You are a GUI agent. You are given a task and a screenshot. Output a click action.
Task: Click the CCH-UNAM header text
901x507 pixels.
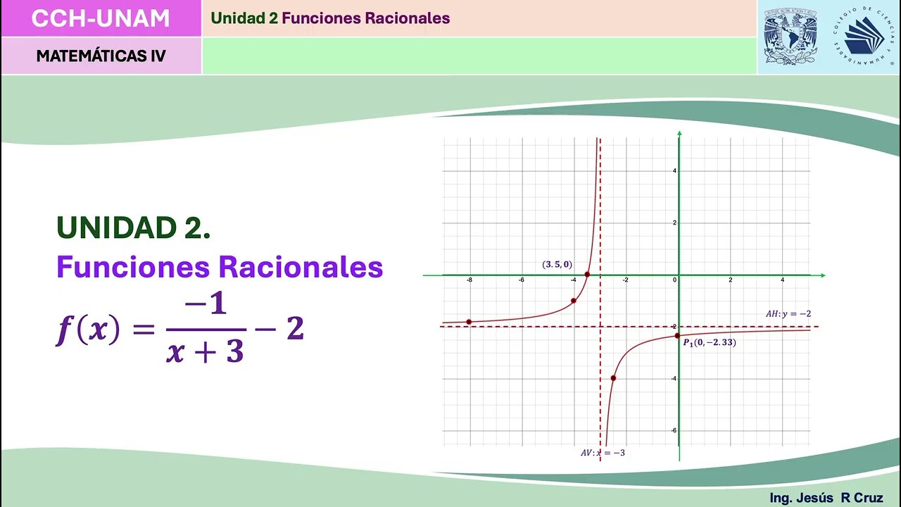[101, 18]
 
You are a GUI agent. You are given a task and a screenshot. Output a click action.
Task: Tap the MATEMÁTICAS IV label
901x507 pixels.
[101, 56]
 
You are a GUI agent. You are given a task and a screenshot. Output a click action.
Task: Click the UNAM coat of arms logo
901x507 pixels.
[790, 37]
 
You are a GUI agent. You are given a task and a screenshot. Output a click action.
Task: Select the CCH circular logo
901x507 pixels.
[864, 37]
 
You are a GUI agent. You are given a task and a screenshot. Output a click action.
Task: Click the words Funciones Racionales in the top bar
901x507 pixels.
[365, 18]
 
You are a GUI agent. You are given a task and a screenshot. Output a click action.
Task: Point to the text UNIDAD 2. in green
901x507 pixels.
[134, 227]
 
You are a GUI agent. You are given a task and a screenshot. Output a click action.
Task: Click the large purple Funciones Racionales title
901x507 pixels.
[220, 268]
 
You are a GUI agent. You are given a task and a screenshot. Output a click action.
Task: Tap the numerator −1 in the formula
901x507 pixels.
[206, 306]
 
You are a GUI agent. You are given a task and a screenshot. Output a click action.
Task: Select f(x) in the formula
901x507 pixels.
[89, 330]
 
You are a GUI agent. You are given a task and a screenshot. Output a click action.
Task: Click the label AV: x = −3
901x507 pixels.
[603, 453]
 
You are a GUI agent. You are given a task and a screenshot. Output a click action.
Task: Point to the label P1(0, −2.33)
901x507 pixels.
[710, 343]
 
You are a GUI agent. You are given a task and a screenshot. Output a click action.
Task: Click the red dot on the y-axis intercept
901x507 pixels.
[678, 335]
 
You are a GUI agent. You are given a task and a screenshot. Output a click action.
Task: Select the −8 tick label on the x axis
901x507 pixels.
[469, 280]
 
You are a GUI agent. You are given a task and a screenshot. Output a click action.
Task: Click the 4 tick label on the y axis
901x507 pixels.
[674, 171]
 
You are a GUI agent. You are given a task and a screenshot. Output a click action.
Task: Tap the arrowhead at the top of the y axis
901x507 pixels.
[679, 133]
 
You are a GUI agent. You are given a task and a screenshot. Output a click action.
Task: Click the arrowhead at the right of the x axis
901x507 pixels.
[822, 275]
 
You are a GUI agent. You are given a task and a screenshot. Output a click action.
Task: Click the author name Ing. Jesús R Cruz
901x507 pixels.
[826, 498]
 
